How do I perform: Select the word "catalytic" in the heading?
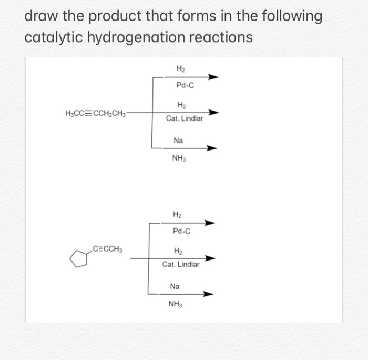[55, 38]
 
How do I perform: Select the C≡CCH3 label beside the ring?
[107, 248]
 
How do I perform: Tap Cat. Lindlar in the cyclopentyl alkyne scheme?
[181, 264]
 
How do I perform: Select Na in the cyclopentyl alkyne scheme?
[175, 286]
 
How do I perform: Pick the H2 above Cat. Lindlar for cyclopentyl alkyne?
[178, 251]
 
